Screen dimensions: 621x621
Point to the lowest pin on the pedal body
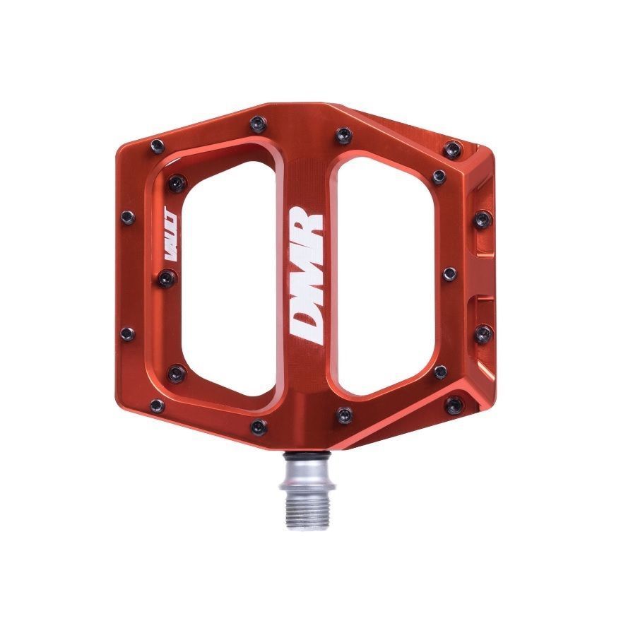pyautogui.click(x=260, y=426)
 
